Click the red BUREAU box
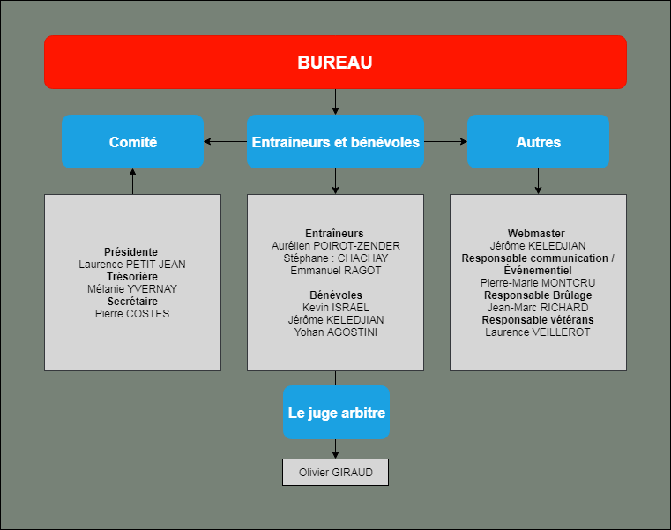pos(335,62)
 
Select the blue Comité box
pos(132,142)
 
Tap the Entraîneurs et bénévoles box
pos(335,142)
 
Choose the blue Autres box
pos(538,142)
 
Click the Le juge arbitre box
pos(336,412)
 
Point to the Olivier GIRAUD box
pos(335,472)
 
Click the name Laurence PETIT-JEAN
pos(132,265)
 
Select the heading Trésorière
pos(132,277)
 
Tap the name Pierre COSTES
pos(132,314)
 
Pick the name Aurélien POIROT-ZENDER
pos(335,246)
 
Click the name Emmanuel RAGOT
pos(335,271)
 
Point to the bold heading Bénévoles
pos(335,295)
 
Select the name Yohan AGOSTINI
pos(335,332)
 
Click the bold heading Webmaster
pos(536,234)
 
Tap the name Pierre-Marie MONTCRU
pos(538,283)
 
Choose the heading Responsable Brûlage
pos(538,295)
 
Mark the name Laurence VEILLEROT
pos(538,332)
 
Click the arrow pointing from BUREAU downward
pos(335,102)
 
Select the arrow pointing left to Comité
pos(225,141)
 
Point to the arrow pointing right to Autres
pos(445,141)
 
